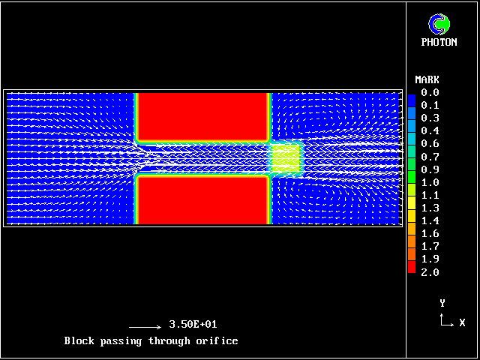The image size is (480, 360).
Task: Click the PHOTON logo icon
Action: point(439,24)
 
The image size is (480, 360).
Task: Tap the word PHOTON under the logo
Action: point(439,42)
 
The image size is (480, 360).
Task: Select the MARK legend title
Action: point(427,80)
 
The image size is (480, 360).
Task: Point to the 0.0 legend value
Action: point(430,92)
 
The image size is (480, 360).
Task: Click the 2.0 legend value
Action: point(430,272)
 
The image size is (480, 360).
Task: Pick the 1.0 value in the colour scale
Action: point(430,182)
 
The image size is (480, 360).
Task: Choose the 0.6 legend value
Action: point(430,143)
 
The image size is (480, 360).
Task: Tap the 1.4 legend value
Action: point(430,220)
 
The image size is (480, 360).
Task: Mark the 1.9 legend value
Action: point(430,259)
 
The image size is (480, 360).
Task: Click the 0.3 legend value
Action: point(430,118)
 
